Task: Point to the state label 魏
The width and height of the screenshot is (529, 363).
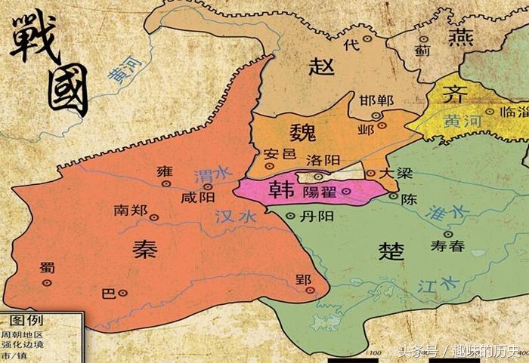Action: [302, 132]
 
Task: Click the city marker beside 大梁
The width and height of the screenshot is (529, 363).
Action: [370, 174]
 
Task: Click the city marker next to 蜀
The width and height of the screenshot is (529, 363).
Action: [47, 281]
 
